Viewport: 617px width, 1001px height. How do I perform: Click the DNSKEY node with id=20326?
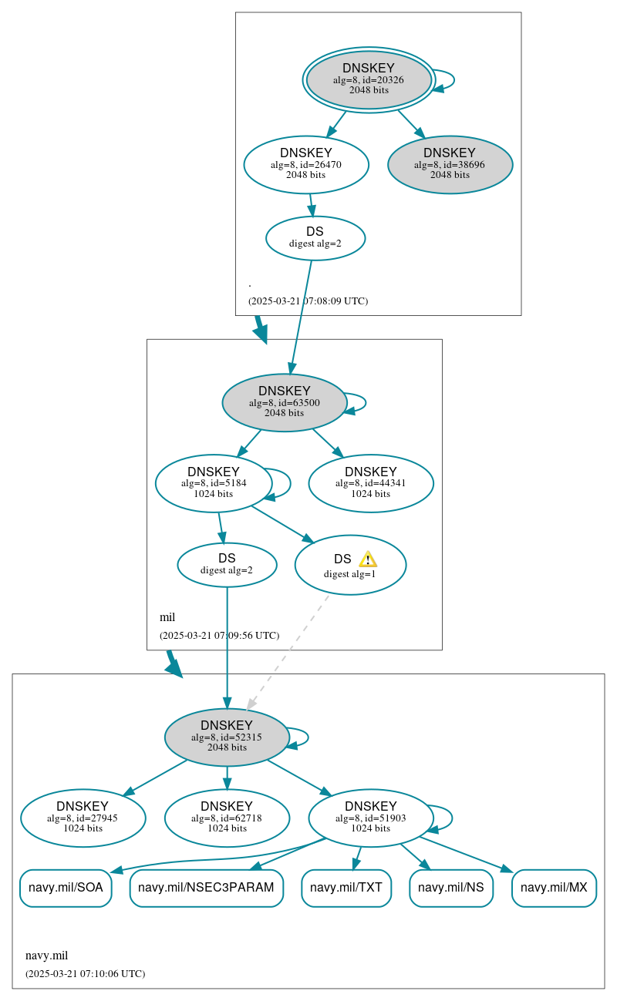(369, 79)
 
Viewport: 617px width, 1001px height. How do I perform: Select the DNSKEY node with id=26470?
(306, 164)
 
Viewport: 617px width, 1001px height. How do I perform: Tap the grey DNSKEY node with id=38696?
(450, 164)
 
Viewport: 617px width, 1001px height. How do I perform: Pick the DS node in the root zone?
(315, 237)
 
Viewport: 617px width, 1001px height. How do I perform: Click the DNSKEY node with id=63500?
(284, 402)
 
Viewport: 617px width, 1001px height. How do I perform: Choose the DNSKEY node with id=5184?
(213, 483)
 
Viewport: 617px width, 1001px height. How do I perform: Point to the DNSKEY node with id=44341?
(370, 483)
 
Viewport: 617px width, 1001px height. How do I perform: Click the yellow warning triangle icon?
(368, 559)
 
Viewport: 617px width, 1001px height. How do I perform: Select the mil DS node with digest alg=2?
(227, 564)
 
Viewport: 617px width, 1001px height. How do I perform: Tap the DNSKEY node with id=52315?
(227, 737)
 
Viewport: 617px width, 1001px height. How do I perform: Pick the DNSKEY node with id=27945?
(83, 818)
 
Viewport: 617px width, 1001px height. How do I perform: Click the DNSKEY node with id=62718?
(227, 818)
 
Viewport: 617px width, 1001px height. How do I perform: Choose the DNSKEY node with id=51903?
(370, 818)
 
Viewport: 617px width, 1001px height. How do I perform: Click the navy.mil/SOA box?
(66, 888)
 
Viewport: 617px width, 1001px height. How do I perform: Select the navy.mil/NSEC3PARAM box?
(206, 888)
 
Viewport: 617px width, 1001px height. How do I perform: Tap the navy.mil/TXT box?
(346, 888)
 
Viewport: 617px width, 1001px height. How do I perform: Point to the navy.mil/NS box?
(450, 888)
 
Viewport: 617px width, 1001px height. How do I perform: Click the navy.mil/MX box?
(554, 888)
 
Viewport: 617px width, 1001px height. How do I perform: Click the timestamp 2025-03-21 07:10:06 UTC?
(85, 973)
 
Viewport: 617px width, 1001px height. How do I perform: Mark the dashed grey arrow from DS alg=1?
(287, 652)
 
